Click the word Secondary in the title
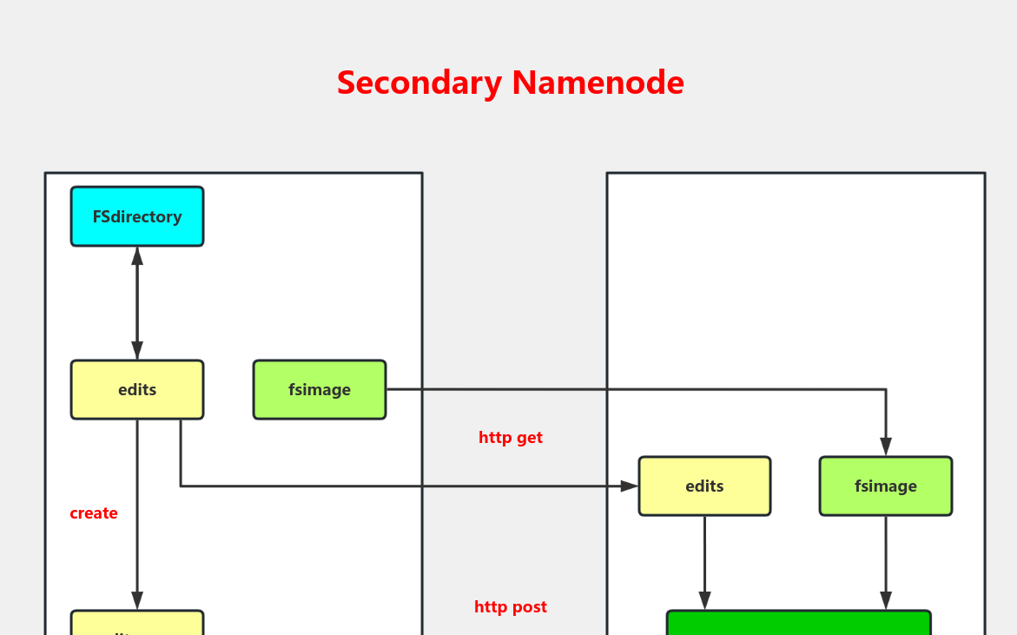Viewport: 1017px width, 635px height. (x=419, y=83)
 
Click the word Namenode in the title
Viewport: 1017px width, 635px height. (x=598, y=83)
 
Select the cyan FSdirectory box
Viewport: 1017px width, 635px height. (x=137, y=216)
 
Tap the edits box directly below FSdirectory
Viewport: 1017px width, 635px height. (x=137, y=390)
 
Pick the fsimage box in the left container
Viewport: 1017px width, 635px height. (x=320, y=390)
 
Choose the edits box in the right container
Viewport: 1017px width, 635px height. (x=704, y=486)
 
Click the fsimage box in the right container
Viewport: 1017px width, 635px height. (x=886, y=486)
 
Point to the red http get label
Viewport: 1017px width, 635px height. (x=511, y=438)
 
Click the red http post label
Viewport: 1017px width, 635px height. (x=511, y=607)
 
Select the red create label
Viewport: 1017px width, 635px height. (x=94, y=513)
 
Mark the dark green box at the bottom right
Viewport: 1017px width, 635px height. (x=798, y=623)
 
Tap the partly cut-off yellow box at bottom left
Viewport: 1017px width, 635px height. (x=137, y=623)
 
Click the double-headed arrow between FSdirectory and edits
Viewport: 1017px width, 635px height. (x=137, y=303)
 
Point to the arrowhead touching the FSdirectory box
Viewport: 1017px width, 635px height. (x=137, y=255)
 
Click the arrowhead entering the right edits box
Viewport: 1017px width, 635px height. (x=630, y=486)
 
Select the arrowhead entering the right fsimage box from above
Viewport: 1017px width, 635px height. (x=886, y=447)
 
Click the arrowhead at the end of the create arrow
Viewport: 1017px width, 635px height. (x=137, y=601)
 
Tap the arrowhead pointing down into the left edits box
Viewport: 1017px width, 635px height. (x=137, y=351)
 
